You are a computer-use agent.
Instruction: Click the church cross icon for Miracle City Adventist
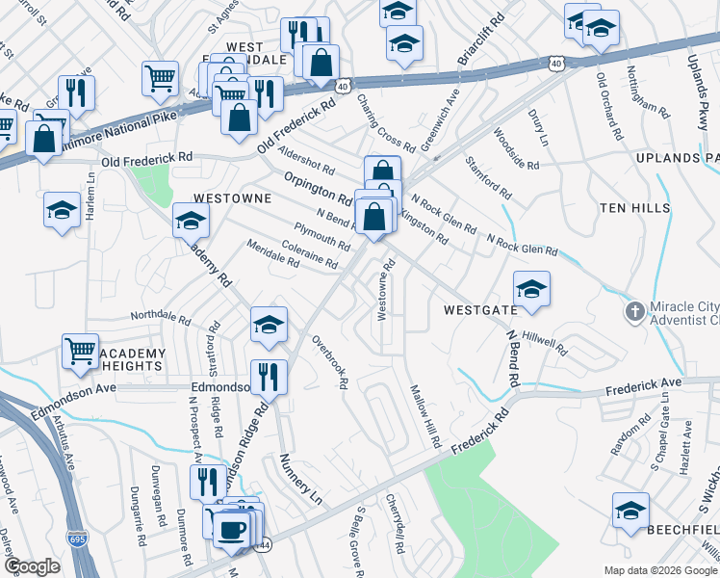(633, 311)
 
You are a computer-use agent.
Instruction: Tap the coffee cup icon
(231, 528)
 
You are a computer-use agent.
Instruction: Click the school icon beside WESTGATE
(531, 287)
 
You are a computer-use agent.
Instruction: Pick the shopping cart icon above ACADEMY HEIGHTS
(81, 351)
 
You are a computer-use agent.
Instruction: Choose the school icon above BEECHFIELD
(630, 511)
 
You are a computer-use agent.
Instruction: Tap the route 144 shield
(264, 546)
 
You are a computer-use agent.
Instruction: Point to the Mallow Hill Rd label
(424, 416)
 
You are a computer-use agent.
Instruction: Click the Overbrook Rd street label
(330, 361)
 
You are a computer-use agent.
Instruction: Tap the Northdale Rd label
(161, 316)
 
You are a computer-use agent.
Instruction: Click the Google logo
(33, 565)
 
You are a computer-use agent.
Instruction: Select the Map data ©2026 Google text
(660, 569)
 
